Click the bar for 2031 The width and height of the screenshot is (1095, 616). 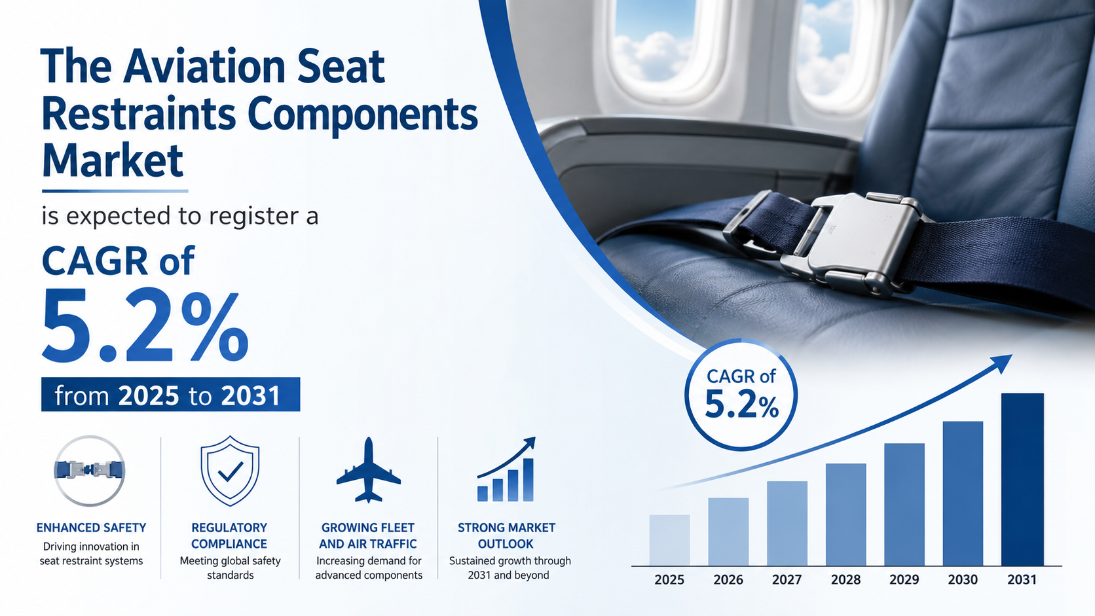point(1022,479)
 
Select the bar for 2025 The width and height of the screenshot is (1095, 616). point(669,540)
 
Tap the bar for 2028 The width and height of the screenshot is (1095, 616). point(845,515)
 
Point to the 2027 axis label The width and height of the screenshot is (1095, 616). point(787,579)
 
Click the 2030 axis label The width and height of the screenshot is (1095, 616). point(963,579)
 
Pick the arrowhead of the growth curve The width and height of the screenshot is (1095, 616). point(1001,363)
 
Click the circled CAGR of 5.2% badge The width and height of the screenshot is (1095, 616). point(741,394)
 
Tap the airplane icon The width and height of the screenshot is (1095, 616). point(369,470)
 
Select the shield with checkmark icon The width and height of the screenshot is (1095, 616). point(230,471)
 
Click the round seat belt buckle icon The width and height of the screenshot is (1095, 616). point(90,471)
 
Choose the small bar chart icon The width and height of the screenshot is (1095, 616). point(506,469)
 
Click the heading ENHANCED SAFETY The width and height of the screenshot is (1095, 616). point(92,528)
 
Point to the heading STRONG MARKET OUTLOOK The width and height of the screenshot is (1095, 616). point(506,535)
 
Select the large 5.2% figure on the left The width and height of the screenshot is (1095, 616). point(145,324)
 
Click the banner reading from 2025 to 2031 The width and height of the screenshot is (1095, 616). point(171,394)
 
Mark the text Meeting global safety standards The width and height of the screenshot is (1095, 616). point(231,568)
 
